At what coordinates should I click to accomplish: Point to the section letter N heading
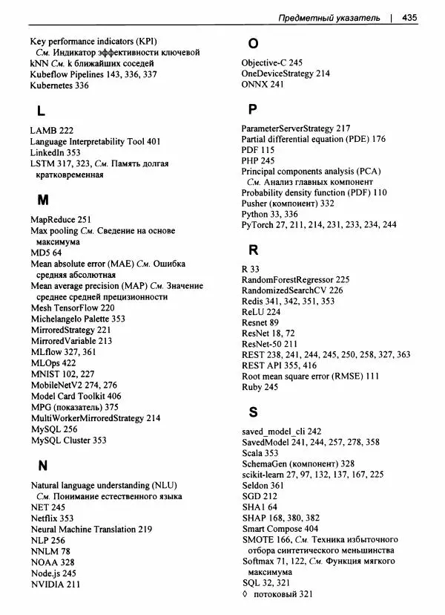42,466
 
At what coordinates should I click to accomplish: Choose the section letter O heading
253,42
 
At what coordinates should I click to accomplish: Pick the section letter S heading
253,411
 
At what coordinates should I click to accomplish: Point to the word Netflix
44,518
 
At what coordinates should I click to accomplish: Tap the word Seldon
255,484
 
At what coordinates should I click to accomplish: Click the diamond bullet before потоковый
245,594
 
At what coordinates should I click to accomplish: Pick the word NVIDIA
47,584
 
